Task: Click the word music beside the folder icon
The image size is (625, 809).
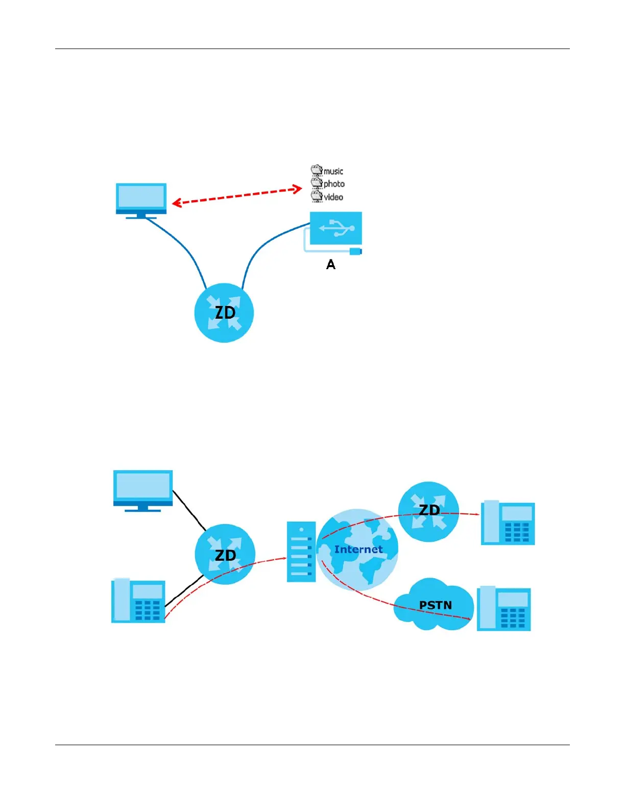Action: coord(333,171)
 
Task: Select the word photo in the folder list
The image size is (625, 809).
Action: coord(334,184)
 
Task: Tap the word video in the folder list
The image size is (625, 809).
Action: coord(333,197)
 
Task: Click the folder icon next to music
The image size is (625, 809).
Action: coord(317,170)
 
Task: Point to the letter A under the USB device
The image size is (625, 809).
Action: coord(331,265)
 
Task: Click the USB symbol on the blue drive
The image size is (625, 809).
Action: coord(336,227)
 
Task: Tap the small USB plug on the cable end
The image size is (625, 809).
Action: coord(355,251)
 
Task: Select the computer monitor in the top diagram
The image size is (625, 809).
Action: coord(141,199)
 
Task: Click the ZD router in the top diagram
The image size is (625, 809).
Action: coord(224,313)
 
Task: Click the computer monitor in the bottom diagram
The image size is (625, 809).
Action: coord(143,489)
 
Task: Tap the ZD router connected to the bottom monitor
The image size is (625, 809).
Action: coord(225,555)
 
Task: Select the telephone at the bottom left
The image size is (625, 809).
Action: coord(138,601)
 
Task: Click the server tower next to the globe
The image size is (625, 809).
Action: coord(301,552)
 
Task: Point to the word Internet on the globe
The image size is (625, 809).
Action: coord(358,550)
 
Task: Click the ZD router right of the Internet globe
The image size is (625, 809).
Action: coord(428,511)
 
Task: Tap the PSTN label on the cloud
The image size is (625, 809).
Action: coord(435,605)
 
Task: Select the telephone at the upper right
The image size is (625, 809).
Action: coord(508,522)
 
